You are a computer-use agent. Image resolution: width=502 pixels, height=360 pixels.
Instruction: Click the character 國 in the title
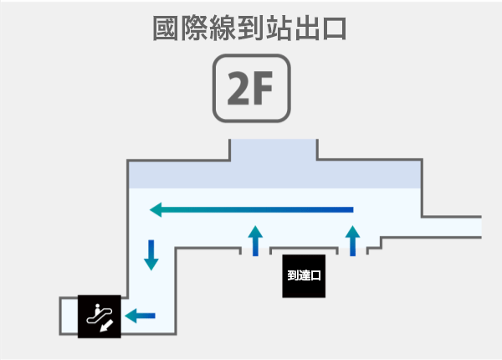165,28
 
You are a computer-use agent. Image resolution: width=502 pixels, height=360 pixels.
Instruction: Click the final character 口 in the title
335,28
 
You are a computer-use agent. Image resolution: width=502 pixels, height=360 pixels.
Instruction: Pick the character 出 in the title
306,28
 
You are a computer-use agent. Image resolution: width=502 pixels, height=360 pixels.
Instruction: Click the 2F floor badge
252,88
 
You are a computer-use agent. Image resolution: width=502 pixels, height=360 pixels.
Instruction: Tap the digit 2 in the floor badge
238,88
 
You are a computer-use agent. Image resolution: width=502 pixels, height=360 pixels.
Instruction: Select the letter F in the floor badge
262,88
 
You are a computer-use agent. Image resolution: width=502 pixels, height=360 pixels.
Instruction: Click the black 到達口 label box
304,276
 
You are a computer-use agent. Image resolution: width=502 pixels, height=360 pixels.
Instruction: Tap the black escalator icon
100,316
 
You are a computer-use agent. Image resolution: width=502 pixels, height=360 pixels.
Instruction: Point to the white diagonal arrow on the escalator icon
106,326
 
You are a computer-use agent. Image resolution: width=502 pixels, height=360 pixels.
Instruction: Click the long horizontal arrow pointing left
251,210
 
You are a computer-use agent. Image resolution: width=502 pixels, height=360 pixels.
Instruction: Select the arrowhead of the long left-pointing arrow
156,210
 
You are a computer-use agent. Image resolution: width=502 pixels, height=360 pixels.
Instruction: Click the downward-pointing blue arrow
151,255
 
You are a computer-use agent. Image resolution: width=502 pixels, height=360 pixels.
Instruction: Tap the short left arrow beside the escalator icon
140,316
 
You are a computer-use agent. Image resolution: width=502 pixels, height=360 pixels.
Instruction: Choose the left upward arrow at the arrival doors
255,241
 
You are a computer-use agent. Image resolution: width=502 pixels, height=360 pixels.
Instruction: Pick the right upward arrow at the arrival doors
352,241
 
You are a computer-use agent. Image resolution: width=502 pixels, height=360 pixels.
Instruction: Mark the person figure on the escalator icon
97,309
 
